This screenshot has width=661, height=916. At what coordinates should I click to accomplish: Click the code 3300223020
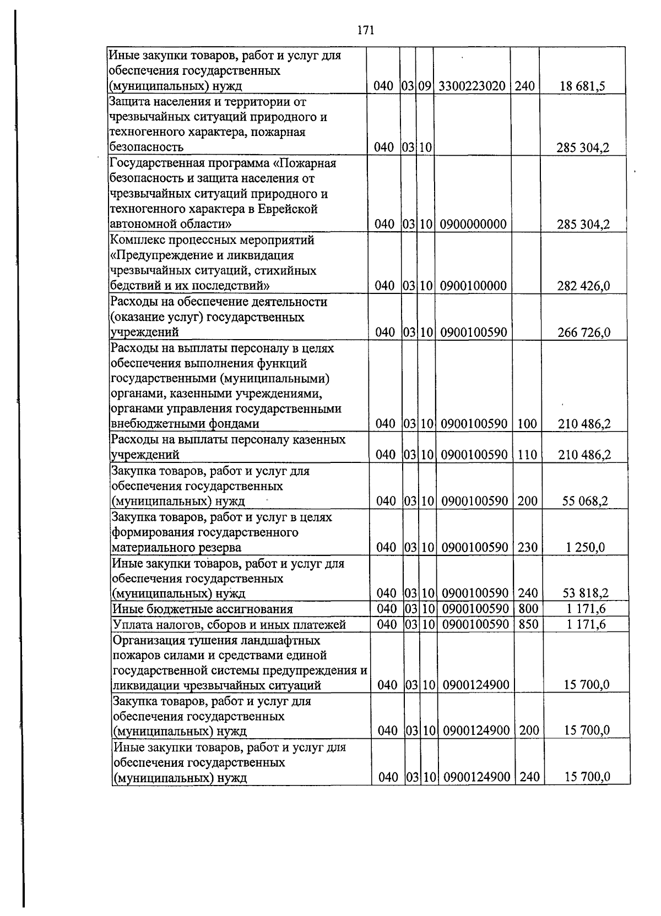click(x=472, y=86)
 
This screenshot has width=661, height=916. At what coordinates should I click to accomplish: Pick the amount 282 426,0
click(x=583, y=286)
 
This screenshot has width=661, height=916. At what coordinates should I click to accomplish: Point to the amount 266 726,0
click(x=584, y=332)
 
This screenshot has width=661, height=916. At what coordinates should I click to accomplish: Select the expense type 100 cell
click(x=527, y=424)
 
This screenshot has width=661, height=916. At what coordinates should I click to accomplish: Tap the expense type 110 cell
click(x=527, y=455)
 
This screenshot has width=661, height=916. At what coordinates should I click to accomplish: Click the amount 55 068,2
click(x=585, y=501)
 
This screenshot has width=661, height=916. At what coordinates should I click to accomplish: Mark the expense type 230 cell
click(x=528, y=547)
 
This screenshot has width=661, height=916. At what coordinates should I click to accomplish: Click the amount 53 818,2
click(x=585, y=593)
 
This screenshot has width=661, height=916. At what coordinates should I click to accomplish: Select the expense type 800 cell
click(x=528, y=608)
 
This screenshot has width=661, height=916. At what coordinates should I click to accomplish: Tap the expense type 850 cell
click(x=528, y=624)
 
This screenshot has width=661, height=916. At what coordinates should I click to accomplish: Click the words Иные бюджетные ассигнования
click(x=202, y=609)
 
